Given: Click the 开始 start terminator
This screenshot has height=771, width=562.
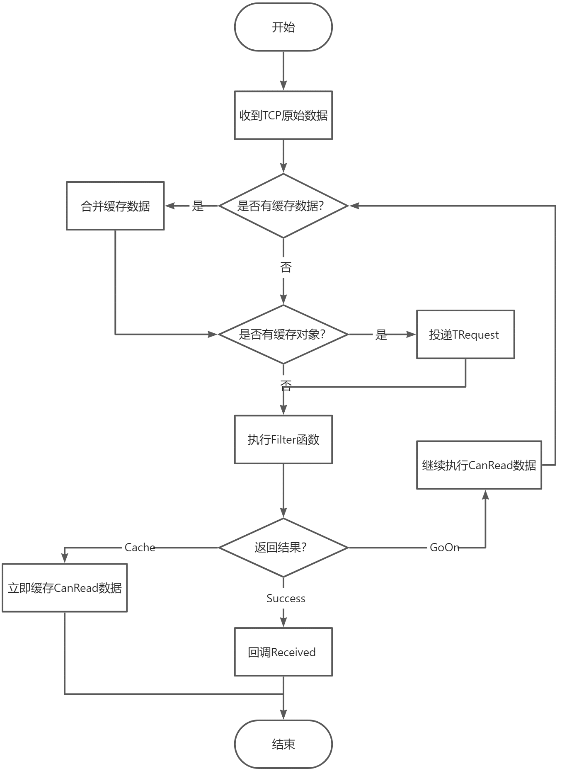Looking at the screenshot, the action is tap(283, 27).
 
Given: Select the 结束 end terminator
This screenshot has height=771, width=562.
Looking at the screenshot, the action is tap(283, 744).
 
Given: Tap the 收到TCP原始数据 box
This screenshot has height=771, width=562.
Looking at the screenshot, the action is tap(283, 115).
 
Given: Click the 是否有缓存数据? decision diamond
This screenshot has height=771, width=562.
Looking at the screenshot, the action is tap(283, 206).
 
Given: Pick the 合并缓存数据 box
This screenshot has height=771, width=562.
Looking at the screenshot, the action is tap(115, 206).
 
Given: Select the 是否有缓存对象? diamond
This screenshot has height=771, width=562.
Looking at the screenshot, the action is tap(283, 334).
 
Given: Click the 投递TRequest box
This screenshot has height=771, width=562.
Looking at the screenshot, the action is tap(465, 334).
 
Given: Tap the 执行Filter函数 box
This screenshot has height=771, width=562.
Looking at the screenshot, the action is tap(283, 439).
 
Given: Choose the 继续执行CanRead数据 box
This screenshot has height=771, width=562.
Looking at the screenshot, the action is tap(479, 465).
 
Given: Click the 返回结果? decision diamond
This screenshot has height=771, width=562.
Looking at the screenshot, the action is tap(283, 548).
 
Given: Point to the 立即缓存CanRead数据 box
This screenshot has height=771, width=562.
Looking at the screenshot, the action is tap(65, 588).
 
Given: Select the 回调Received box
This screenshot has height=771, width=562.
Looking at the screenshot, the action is tap(283, 652).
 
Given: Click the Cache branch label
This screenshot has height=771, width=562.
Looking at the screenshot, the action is tap(140, 548).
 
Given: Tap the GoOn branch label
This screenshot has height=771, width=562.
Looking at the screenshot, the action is tap(445, 548).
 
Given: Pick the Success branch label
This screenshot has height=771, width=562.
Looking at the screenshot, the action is tap(286, 599).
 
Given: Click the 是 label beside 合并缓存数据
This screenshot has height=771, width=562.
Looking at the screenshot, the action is tap(198, 206).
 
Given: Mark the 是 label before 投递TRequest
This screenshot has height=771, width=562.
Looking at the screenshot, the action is tap(381, 335).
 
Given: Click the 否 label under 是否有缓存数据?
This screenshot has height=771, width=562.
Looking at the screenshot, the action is tap(286, 267).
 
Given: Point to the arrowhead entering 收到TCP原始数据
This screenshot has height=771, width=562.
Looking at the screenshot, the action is tap(283, 85).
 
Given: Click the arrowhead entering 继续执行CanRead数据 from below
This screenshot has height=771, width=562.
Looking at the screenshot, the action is tap(485, 495).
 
